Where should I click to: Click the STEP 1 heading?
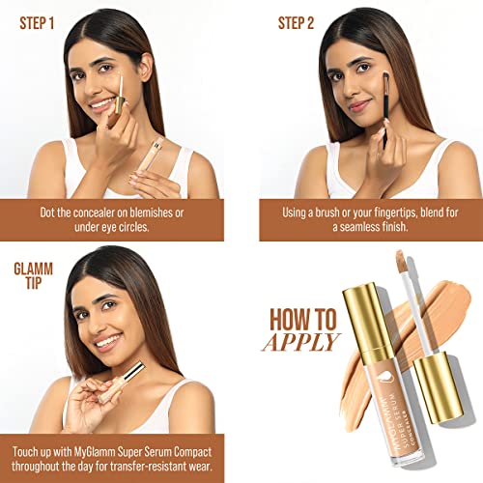(x=37, y=23)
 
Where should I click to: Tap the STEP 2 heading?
(x=296, y=23)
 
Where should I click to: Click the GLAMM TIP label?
(x=33, y=276)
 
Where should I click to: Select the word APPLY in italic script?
(x=301, y=342)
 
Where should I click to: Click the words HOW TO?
(x=303, y=320)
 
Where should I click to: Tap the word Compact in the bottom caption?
(x=193, y=452)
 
